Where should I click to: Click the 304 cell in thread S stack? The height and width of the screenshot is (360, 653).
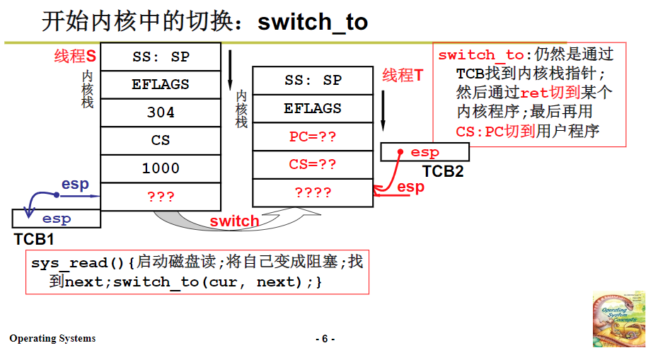coord(161,112)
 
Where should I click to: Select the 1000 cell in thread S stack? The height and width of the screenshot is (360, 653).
coord(161,168)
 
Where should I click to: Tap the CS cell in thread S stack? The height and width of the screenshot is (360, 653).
coord(161,140)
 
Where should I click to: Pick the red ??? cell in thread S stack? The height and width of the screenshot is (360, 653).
coord(161,197)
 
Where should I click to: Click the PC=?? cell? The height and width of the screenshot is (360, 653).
coord(312,137)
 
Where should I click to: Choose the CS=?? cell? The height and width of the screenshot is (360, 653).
coord(312,165)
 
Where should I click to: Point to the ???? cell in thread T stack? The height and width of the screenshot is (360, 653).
coord(312,192)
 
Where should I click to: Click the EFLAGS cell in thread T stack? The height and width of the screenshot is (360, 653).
coord(312,108)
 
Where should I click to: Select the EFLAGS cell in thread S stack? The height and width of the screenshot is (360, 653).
coord(161,84)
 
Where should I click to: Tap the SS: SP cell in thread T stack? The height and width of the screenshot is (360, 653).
coord(312,80)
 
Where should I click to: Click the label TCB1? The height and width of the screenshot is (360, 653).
coord(34,238)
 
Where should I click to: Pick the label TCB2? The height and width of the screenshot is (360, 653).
coord(443,171)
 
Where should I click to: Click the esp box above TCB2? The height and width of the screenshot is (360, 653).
coord(424,152)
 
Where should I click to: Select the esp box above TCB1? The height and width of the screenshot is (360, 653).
coord(57,219)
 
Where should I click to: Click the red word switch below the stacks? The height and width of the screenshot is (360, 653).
coord(234,221)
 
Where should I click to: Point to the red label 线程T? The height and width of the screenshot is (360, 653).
coord(403,76)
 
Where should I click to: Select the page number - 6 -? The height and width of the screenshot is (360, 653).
coord(325,339)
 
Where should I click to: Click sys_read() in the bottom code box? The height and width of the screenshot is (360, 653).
coord(79,262)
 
